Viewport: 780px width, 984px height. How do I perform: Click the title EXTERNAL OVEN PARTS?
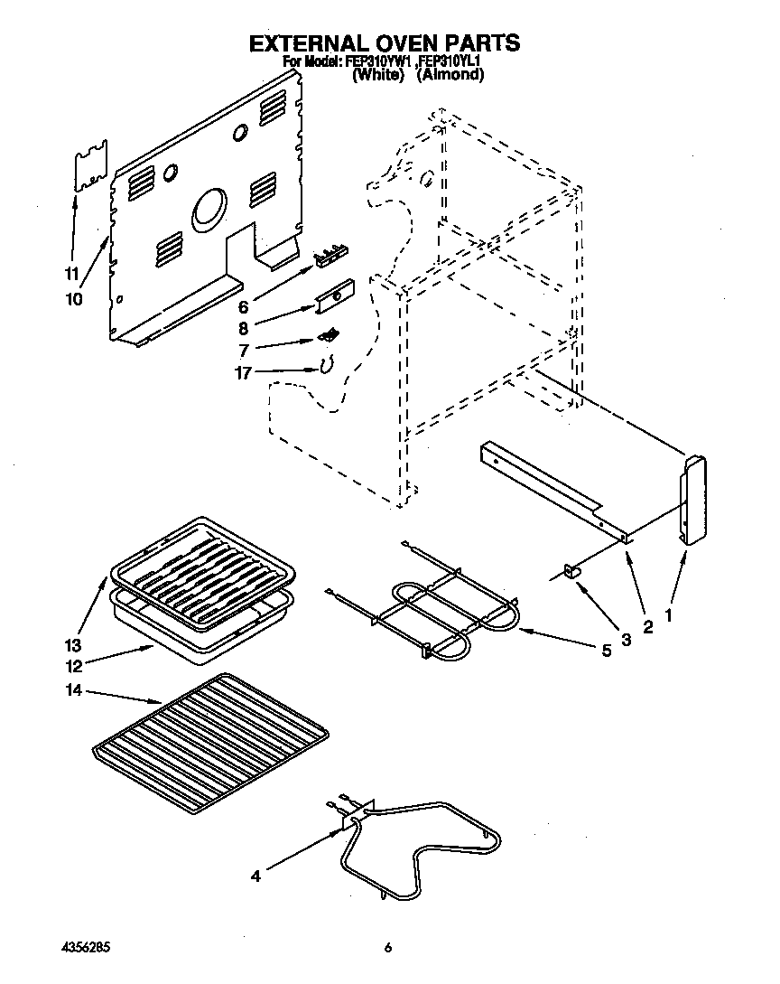point(385,42)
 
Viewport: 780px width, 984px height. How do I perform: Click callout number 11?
point(72,274)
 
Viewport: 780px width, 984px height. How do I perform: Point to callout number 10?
point(72,298)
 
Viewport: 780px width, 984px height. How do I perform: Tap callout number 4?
point(256,876)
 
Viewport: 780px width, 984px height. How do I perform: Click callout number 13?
point(73,645)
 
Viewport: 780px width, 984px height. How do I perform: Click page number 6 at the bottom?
point(388,948)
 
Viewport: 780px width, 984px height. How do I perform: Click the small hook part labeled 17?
point(327,366)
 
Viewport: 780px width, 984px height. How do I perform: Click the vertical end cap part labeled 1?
point(692,500)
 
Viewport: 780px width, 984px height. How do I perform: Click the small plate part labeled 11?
point(90,166)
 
